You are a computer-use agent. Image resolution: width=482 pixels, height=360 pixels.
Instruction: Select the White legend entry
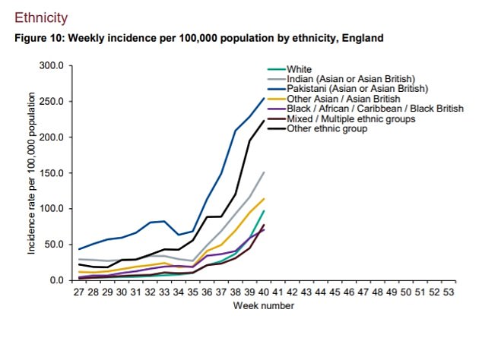tap(299, 69)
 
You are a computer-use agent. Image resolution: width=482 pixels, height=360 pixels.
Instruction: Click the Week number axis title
tap(264, 305)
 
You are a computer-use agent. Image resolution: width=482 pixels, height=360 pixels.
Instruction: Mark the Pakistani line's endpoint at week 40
tap(264, 98)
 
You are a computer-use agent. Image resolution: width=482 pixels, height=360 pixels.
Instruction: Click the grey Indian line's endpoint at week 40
tap(264, 172)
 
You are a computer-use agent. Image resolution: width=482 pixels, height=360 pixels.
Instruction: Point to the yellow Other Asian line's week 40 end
tap(264, 199)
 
